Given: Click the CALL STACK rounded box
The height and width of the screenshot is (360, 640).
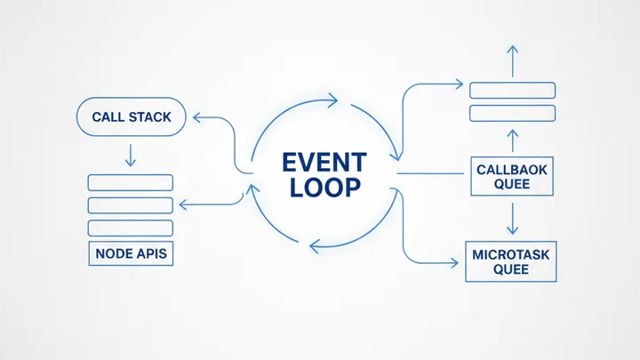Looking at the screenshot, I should point(131,116).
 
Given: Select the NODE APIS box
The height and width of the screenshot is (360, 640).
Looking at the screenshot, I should point(131,252).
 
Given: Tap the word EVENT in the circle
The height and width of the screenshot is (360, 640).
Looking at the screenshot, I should point(324,163).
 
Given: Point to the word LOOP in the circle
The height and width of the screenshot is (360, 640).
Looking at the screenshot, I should point(324,188).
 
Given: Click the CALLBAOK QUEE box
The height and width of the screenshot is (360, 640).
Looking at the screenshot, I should point(511,176).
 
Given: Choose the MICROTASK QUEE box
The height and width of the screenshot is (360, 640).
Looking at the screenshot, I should point(511,261).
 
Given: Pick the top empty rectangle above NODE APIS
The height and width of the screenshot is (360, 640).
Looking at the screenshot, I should point(131,182).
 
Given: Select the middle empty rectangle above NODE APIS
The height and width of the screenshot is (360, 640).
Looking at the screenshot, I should point(131,205).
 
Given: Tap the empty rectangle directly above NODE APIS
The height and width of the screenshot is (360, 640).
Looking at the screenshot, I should point(131,228).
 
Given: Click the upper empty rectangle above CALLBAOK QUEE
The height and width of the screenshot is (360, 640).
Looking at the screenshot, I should point(511,90).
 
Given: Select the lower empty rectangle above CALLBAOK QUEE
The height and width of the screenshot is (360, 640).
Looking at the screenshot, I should point(511,113).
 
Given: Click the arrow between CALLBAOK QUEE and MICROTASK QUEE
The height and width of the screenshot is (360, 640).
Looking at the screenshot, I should point(511,218).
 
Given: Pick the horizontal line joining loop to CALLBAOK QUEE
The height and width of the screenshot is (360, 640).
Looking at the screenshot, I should point(431,173).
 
